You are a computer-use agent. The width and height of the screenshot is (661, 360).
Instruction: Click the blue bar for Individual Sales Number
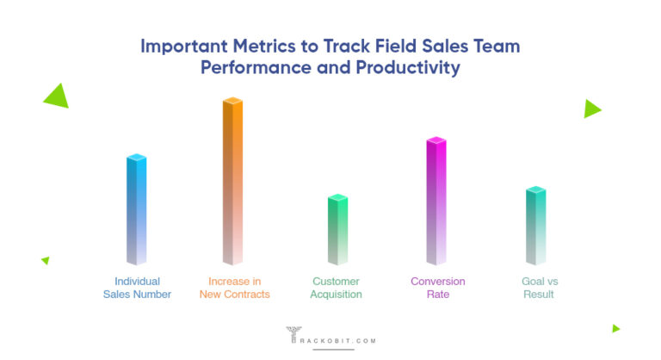point(136,210)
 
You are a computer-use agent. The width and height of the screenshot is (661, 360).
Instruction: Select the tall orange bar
point(232,182)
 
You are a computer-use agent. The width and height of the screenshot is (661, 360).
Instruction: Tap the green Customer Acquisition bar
point(337,230)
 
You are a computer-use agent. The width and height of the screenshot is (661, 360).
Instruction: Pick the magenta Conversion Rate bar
point(436,202)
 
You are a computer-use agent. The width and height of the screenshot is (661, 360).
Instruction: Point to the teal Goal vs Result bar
point(535,226)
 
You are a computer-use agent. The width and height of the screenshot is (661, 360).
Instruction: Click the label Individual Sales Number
point(137,288)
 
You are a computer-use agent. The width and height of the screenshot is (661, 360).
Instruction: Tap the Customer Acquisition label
point(337,288)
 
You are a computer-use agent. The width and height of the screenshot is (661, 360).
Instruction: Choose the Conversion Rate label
point(437,288)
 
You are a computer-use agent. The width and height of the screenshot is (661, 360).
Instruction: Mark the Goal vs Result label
point(538,288)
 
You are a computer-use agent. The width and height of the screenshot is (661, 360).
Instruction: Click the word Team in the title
point(497,47)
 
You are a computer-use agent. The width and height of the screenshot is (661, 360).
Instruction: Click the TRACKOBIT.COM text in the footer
point(342,341)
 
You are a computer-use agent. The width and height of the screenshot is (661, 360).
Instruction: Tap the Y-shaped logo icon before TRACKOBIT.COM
point(292,335)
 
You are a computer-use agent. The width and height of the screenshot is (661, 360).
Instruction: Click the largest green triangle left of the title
point(58,96)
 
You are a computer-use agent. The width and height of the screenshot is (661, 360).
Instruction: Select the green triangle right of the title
point(591,109)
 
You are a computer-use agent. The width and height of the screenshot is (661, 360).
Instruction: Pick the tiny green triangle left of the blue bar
point(46,260)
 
